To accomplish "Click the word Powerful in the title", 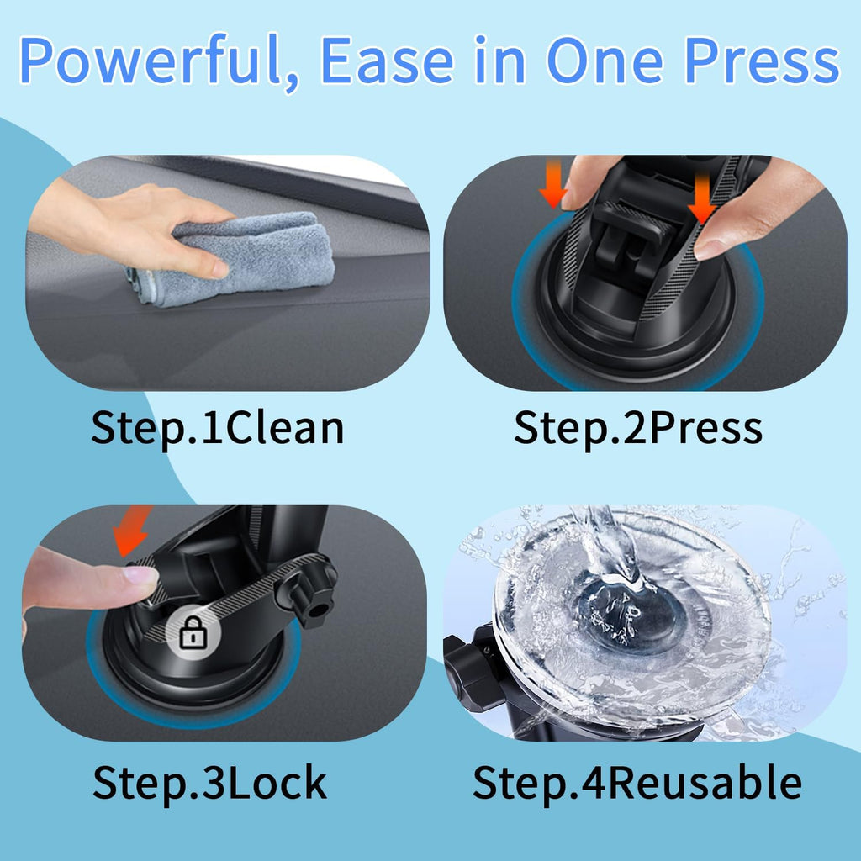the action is (150, 61).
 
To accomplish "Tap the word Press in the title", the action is (762, 61).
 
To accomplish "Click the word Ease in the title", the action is (387, 61).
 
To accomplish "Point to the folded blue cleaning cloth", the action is (230, 258).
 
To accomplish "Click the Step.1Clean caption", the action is (218, 428).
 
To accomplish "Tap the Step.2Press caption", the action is (638, 428).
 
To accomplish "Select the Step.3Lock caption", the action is (209, 783).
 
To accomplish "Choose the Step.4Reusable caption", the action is (637, 783).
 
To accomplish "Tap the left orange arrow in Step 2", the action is (553, 184).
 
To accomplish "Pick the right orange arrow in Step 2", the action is (702, 198).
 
